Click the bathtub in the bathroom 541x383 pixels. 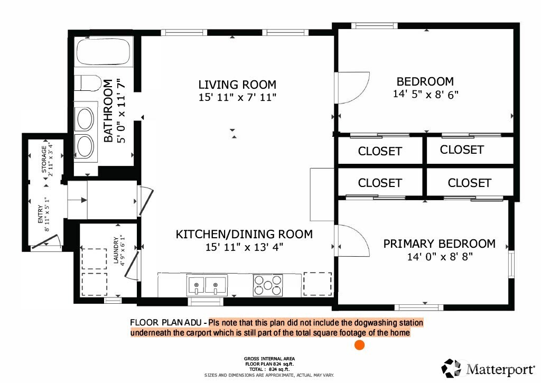104,53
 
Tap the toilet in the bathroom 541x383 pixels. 88,83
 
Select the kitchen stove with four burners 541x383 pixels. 267,285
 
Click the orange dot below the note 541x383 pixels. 359,345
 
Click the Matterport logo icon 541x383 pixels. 451,368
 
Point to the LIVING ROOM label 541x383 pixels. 237,85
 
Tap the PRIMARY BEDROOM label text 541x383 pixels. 439,244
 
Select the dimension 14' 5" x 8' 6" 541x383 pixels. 425,95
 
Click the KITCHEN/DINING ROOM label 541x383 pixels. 244,234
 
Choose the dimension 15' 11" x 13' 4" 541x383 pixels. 244,247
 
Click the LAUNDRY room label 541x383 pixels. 116,249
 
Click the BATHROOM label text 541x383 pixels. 108,111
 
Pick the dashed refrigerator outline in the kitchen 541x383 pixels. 316,284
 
